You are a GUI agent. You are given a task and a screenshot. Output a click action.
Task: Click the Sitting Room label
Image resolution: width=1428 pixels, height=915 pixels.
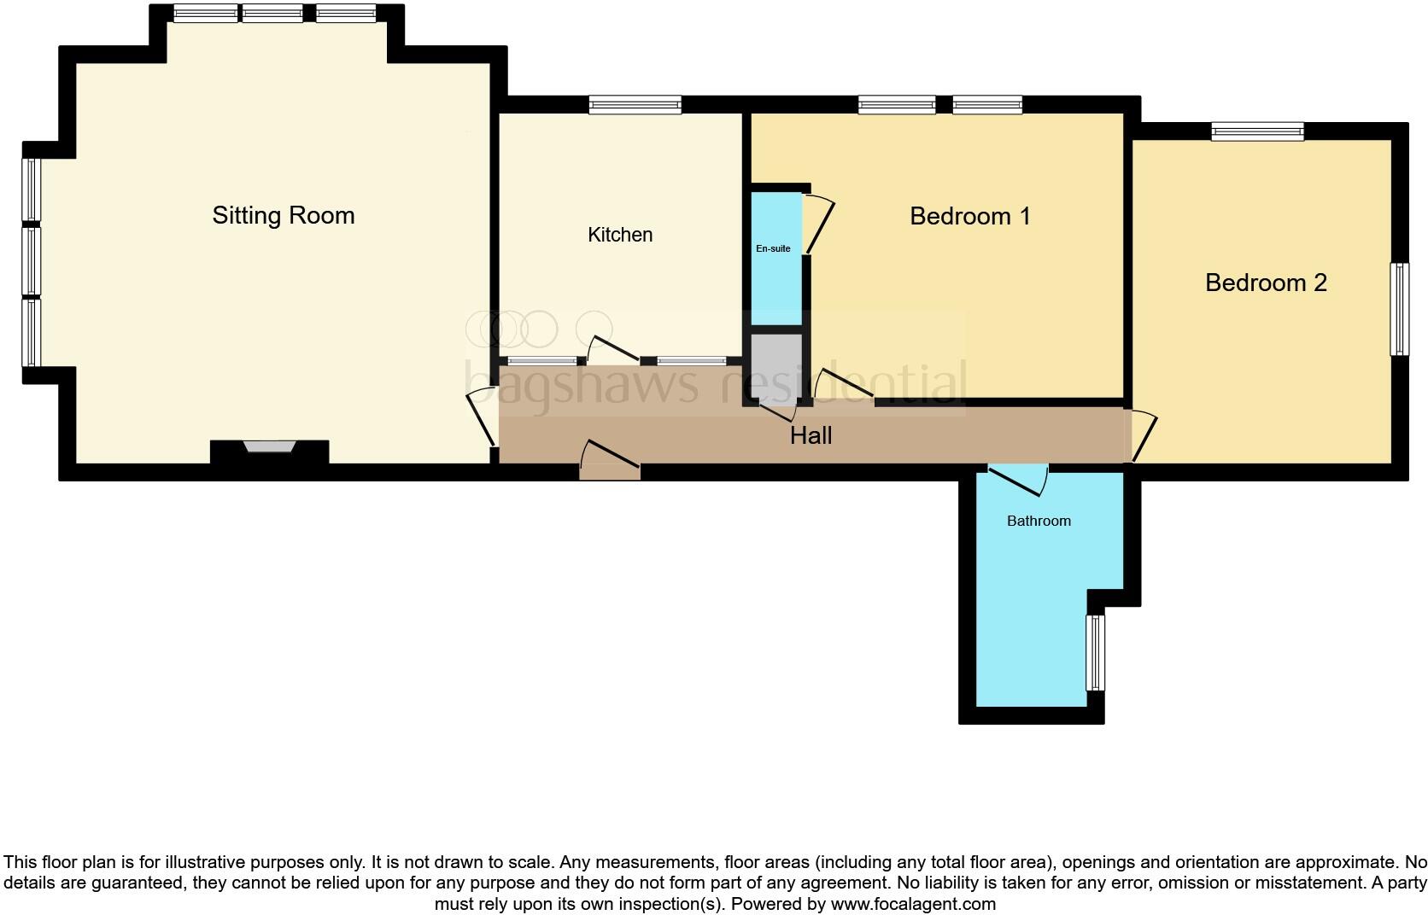pyautogui.click(x=283, y=215)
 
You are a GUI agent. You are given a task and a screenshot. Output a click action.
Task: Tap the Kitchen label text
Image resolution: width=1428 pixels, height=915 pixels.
pyautogui.click(x=620, y=235)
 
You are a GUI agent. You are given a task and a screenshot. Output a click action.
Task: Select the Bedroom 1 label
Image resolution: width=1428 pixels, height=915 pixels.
pyautogui.click(x=969, y=216)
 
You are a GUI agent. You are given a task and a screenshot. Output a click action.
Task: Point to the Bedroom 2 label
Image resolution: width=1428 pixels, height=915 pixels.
pyautogui.click(x=1266, y=283)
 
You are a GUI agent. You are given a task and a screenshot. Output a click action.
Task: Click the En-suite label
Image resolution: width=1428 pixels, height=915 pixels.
pyautogui.click(x=773, y=248)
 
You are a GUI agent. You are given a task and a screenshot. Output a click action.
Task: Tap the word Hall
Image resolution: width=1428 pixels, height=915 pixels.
pyautogui.click(x=811, y=436)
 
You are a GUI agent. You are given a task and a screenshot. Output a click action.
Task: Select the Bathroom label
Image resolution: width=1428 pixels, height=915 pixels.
pyautogui.click(x=1038, y=521)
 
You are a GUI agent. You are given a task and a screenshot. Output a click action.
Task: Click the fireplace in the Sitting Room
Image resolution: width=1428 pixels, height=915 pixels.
pyautogui.click(x=269, y=446)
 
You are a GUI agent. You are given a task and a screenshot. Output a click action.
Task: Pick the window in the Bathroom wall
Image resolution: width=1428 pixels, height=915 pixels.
pyautogui.click(x=1095, y=652)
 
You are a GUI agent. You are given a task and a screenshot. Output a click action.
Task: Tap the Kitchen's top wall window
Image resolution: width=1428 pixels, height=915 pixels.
pyautogui.click(x=635, y=105)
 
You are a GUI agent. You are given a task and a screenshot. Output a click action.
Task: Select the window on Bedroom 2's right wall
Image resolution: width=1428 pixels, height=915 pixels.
pyautogui.click(x=1399, y=309)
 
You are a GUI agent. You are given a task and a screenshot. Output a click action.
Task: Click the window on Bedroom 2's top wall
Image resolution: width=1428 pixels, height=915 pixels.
pyautogui.click(x=1257, y=131)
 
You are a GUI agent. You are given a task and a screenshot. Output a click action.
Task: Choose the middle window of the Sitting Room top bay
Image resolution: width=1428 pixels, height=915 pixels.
pyautogui.click(x=272, y=14)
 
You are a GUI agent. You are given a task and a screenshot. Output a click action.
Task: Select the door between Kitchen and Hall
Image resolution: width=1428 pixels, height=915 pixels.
pyautogui.click(x=613, y=350)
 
